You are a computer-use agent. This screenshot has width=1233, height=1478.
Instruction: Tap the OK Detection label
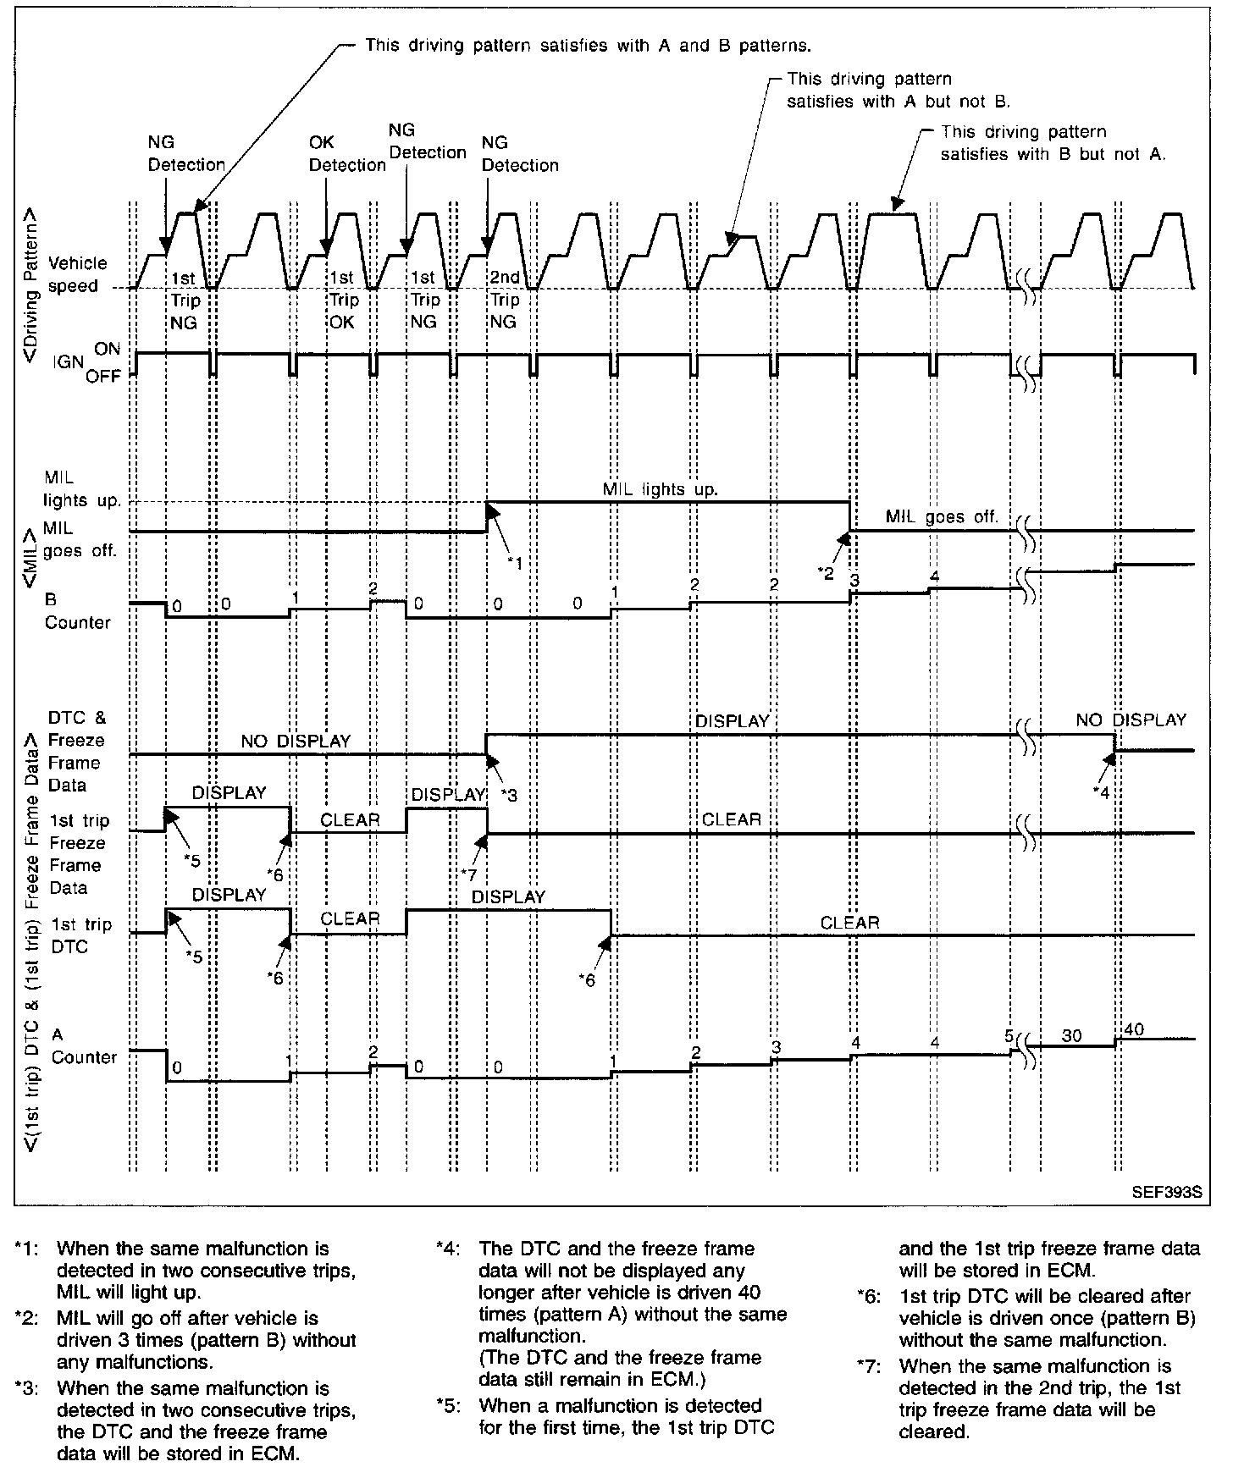(x=347, y=154)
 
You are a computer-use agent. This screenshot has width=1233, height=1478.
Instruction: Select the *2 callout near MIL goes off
(x=826, y=573)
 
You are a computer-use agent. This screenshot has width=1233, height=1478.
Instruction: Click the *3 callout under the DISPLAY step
(x=508, y=795)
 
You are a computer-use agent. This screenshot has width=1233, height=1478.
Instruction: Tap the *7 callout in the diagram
(x=469, y=874)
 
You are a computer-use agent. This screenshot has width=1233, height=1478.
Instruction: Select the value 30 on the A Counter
(x=1071, y=1035)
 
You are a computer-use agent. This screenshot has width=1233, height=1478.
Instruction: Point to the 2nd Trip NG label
(x=505, y=300)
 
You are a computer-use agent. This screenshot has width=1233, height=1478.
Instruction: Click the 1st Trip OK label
(x=342, y=300)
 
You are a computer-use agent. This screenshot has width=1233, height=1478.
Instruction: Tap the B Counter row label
(x=77, y=610)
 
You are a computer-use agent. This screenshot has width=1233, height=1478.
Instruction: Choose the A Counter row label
(x=83, y=1045)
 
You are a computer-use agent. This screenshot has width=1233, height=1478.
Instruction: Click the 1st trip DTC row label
(x=80, y=935)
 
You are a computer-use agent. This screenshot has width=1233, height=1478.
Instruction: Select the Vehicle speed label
(x=77, y=274)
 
